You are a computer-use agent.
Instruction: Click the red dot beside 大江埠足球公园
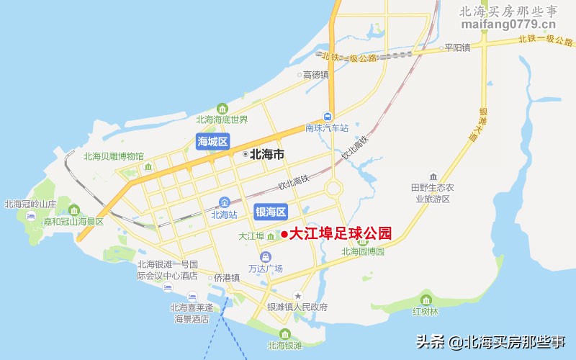[x=284, y=234]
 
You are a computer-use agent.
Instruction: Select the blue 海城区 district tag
[x=212, y=142]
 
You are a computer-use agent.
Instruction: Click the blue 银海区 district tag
[x=271, y=212]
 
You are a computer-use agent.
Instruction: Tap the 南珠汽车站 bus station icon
[x=328, y=117]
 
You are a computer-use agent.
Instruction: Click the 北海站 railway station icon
[x=225, y=202]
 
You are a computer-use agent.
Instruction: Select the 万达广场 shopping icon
[x=266, y=256]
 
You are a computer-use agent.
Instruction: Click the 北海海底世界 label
[x=222, y=120]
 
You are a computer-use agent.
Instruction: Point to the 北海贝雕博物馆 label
[x=114, y=156]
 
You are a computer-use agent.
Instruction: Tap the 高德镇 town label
[x=315, y=74]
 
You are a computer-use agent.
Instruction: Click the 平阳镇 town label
[x=457, y=48]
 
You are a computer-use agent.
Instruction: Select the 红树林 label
[x=424, y=312]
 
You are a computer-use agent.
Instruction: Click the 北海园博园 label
[x=363, y=252]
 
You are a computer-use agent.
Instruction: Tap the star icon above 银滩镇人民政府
[x=297, y=296]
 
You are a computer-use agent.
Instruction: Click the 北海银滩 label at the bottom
[x=284, y=346]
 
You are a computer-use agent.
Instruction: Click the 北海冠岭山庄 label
[x=30, y=204]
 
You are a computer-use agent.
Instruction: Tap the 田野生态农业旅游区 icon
[x=432, y=176]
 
